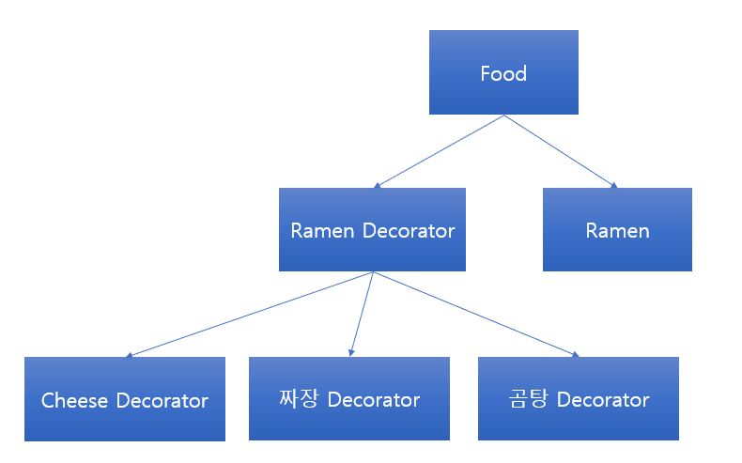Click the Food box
tap(503, 72)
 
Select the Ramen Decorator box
tap(372, 230)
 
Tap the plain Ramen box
tap(617, 230)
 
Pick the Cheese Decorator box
tap(125, 399)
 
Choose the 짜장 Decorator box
tap(348, 399)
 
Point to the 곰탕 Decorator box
tap(578, 399)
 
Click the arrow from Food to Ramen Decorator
tap(439, 151)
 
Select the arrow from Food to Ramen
tap(561, 151)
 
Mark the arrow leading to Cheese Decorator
tap(249, 315)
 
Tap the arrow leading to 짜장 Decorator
tap(362, 315)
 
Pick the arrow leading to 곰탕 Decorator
tap(474, 315)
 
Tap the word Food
tap(503, 73)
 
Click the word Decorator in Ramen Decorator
tap(410, 231)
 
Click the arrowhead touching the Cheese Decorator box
tap(129, 355)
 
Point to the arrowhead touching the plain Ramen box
tap(614, 186)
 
